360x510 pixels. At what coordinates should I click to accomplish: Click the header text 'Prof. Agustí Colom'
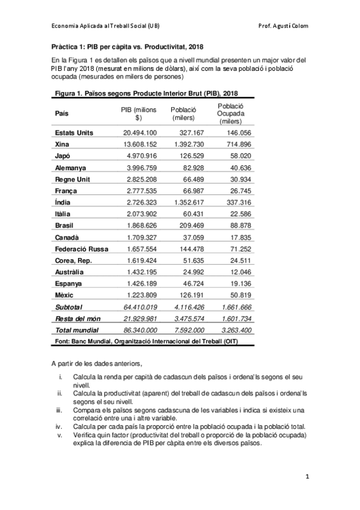[x=282, y=26]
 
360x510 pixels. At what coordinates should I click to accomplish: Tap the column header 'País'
[x=61, y=114]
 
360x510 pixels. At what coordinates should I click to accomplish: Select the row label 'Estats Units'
[x=74, y=133]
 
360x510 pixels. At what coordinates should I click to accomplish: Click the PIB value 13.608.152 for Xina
[x=140, y=144]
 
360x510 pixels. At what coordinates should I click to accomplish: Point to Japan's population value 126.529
[x=192, y=156]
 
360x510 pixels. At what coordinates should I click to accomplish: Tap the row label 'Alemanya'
[x=70, y=168]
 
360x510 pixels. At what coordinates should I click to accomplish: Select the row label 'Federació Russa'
[x=81, y=248]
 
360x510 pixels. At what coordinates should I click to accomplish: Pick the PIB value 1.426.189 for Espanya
[x=142, y=283]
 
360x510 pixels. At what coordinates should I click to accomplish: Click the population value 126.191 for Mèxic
[x=192, y=295]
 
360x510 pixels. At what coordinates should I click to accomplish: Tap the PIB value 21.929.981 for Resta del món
[x=140, y=318]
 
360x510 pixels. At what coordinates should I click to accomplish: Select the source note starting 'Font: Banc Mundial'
[x=144, y=341]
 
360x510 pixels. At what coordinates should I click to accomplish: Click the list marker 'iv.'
[x=60, y=426]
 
